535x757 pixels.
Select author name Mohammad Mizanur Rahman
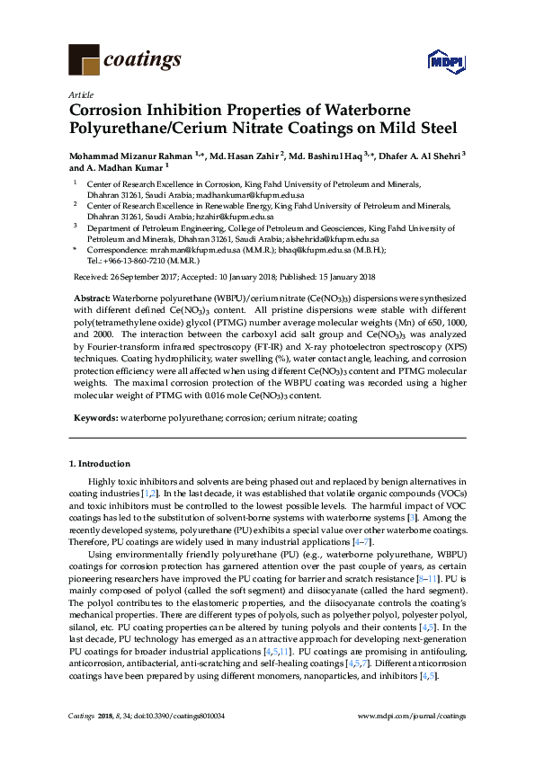tap(125, 155)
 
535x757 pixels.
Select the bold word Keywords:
tap(94, 418)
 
